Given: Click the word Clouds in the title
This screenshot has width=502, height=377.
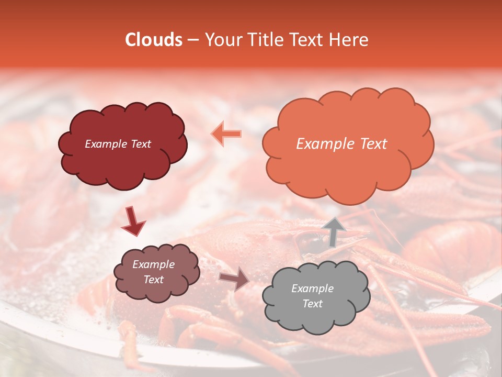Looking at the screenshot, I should click(x=154, y=40).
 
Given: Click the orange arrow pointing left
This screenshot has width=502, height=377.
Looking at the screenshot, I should click(x=226, y=134).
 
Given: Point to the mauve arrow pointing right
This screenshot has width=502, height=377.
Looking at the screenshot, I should click(x=234, y=279).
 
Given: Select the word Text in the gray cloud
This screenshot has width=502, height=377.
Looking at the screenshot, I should click(x=312, y=304).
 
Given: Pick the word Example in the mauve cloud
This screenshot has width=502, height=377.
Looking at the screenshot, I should click(x=153, y=264).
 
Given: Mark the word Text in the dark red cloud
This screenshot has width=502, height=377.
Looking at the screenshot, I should click(x=141, y=144).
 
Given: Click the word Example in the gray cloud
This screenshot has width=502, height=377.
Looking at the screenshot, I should click(x=312, y=289).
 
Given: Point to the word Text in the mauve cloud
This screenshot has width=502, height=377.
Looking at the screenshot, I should click(x=153, y=280).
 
